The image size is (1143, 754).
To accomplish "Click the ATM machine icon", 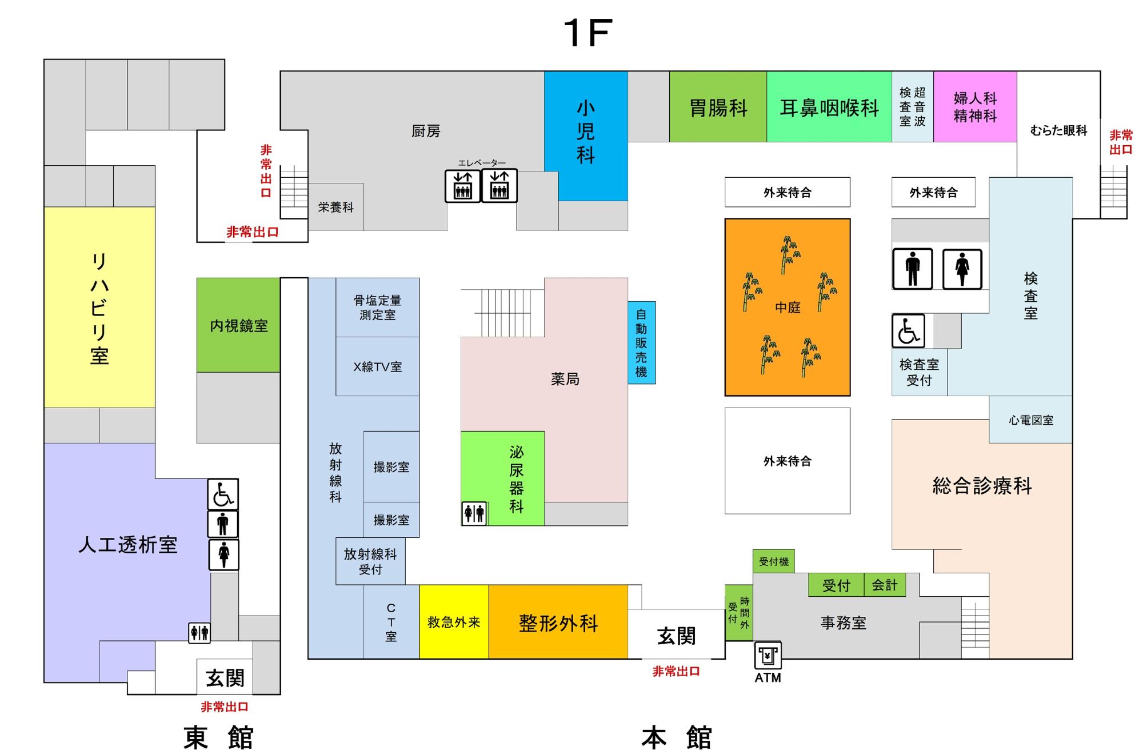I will (x=768, y=655).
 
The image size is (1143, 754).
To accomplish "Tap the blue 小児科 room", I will (x=586, y=135).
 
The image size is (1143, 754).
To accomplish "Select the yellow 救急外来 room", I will (x=454, y=622).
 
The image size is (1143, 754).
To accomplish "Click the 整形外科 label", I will (x=558, y=623).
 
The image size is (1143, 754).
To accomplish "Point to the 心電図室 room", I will (x=1030, y=420).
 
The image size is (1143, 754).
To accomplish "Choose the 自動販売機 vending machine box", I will (x=641, y=342).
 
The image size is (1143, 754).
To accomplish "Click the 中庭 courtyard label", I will (x=787, y=308).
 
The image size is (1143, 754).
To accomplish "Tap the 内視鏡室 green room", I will (x=238, y=325).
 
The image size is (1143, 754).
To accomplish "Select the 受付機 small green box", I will (x=773, y=561).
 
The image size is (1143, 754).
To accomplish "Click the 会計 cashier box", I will (x=884, y=585).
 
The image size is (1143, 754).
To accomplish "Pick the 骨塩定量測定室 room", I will (x=377, y=307).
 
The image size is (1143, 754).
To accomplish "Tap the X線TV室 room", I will (x=377, y=366).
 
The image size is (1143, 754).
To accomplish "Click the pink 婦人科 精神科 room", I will (x=975, y=107).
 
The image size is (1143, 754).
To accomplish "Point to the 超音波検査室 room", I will (x=912, y=107).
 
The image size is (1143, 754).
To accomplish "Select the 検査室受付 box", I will (x=919, y=372).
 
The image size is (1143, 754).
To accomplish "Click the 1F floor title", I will (x=588, y=33).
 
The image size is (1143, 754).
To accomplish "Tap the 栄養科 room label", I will (x=336, y=207).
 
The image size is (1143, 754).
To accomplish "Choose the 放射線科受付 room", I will (x=370, y=561).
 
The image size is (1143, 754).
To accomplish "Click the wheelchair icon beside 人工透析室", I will (x=223, y=494).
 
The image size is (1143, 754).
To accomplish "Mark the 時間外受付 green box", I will (x=738, y=613).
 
